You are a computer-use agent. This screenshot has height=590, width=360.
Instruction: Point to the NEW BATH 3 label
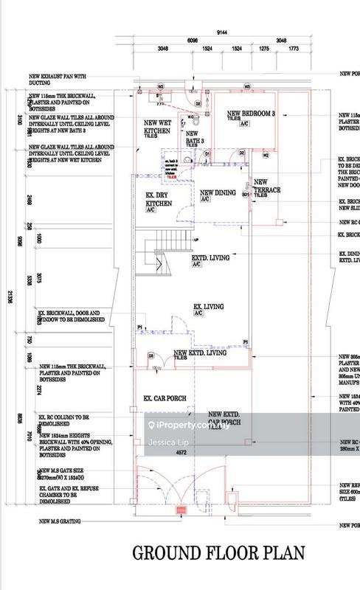click(193, 138)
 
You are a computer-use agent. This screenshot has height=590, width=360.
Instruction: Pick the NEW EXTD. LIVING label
click(199, 354)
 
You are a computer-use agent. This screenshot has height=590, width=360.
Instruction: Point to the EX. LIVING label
click(209, 305)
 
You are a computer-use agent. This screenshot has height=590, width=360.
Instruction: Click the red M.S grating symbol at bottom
click(179, 510)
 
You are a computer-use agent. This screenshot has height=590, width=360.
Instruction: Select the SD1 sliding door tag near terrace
click(246, 176)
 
